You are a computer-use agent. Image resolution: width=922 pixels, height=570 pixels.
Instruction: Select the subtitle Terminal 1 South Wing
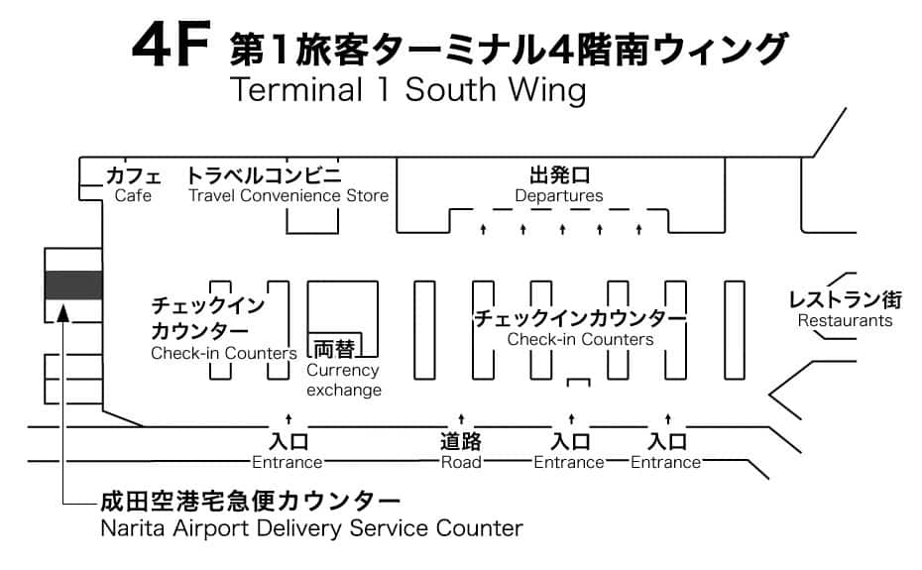(x=406, y=90)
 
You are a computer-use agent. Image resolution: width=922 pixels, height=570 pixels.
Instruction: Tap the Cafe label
(x=133, y=195)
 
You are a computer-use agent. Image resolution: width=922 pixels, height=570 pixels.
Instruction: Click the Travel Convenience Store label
(x=288, y=195)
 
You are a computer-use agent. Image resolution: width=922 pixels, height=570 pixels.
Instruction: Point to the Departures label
(x=559, y=195)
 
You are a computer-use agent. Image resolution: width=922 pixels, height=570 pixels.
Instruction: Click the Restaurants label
(x=845, y=320)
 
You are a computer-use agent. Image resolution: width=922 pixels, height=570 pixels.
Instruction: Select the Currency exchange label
(x=343, y=380)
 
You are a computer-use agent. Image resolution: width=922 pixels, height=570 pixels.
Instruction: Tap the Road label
(x=461, y=462)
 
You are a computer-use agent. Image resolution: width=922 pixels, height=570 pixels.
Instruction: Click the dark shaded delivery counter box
(x=73, y=285)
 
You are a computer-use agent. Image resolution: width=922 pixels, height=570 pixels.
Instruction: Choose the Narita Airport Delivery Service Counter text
(x=311, y=527)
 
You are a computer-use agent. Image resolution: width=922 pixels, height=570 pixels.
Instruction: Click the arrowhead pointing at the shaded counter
(x=62, y=315)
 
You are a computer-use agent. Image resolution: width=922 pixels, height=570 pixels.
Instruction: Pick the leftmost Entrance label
(x=288, y=462)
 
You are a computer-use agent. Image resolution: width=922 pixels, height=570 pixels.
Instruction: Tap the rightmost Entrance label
(x=666, y=462)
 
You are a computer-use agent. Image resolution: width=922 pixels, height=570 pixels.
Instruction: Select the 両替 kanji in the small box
(x=334, y=348)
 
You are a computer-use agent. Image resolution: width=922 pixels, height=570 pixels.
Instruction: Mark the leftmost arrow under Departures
(x=484, y=230)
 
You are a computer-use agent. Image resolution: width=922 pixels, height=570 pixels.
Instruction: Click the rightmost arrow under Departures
(x=639, y=230)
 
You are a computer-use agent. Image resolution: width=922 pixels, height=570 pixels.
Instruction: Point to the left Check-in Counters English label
(x=224, y=353)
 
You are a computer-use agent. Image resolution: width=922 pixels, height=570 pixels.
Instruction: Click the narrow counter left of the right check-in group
(x=424, y=330)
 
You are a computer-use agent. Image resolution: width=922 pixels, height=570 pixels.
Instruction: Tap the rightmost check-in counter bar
(x=735, y=330)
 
